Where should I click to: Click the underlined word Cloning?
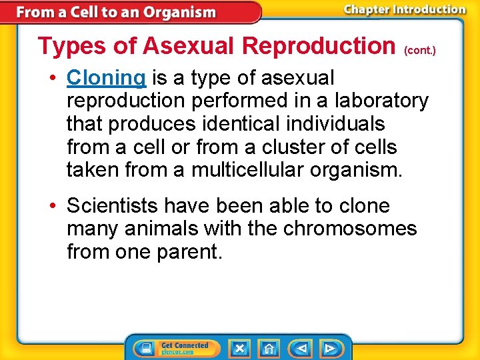click(106, 78)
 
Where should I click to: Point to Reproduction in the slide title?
click(319, 46)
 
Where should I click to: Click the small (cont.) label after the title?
click(419, 50)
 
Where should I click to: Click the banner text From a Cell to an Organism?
click(116, 12)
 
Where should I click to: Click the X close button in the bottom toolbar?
click(239, 348)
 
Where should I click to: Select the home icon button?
click(269, 348)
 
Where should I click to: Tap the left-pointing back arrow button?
click(301, 348)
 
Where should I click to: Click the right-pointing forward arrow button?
click(329, 348)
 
